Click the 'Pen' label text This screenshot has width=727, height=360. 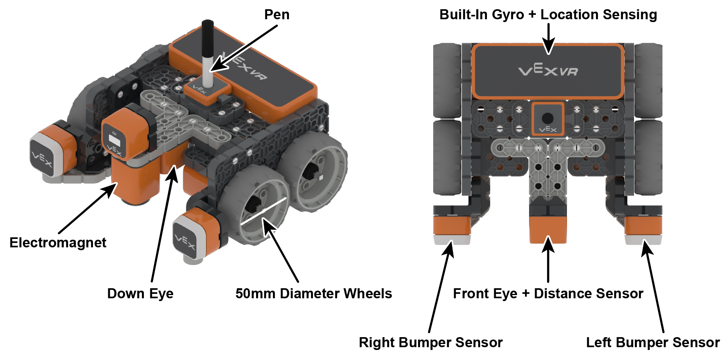(277, 15)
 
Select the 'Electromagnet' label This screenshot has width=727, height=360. (58, 243)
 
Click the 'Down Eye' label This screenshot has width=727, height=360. (140, 293)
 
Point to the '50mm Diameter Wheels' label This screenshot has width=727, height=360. (313, 293)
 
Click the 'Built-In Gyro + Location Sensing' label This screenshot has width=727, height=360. (548, 15)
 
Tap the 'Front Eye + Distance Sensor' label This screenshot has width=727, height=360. (548, 293)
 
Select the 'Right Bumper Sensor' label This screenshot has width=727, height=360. (430, 342)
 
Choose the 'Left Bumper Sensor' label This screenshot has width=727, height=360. (652, 342)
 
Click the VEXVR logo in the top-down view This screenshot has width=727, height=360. (548, 71)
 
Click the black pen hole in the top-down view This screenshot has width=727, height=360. (547, 118)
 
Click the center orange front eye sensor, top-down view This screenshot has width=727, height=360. (548, 229)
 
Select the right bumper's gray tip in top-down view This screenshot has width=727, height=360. (452, 240)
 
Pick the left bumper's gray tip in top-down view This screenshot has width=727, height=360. (643, 240)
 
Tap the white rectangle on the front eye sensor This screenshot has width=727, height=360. (115, 141)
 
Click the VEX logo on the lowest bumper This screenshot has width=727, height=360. (185, 241)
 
